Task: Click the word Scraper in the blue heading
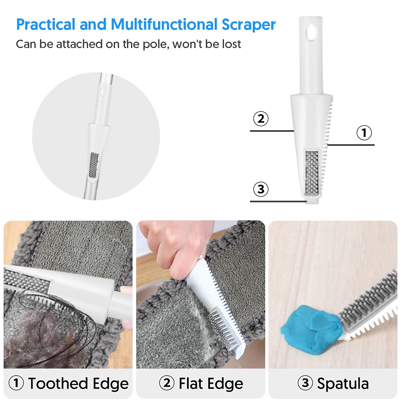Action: pos(249,24)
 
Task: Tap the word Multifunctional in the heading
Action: pos(164,24)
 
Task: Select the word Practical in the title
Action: pos(46,24)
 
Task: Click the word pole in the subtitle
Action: pos(155,44)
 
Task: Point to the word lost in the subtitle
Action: pos(231,44)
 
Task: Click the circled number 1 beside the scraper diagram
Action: pos(364,133)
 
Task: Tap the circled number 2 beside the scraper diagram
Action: pos(261,119)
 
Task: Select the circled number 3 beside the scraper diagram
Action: pos(261,189)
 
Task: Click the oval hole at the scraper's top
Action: pos(311,32)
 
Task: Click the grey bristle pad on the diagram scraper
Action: pos(312,173)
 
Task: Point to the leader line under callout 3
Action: pos(278,202)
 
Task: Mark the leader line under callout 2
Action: pos(272,131)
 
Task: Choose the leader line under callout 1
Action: pos(351,145)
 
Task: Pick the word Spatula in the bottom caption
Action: pos(343,384)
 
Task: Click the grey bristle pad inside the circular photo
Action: pos(93,165)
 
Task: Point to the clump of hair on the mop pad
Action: pos(48,332)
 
